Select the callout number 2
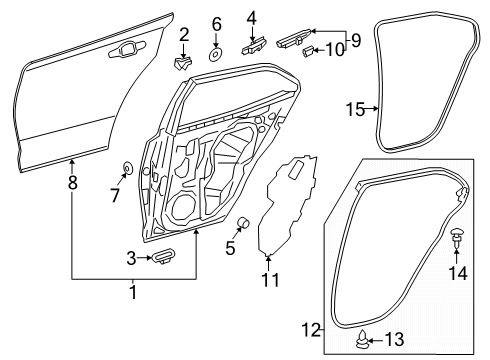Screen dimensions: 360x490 tap(183, 36)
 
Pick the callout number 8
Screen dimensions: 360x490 tap(71, 183)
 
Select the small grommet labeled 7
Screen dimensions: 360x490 tap(130, 166)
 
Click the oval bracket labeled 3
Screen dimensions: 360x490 tap(162, 259)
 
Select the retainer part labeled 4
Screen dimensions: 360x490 tap(252, 45)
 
